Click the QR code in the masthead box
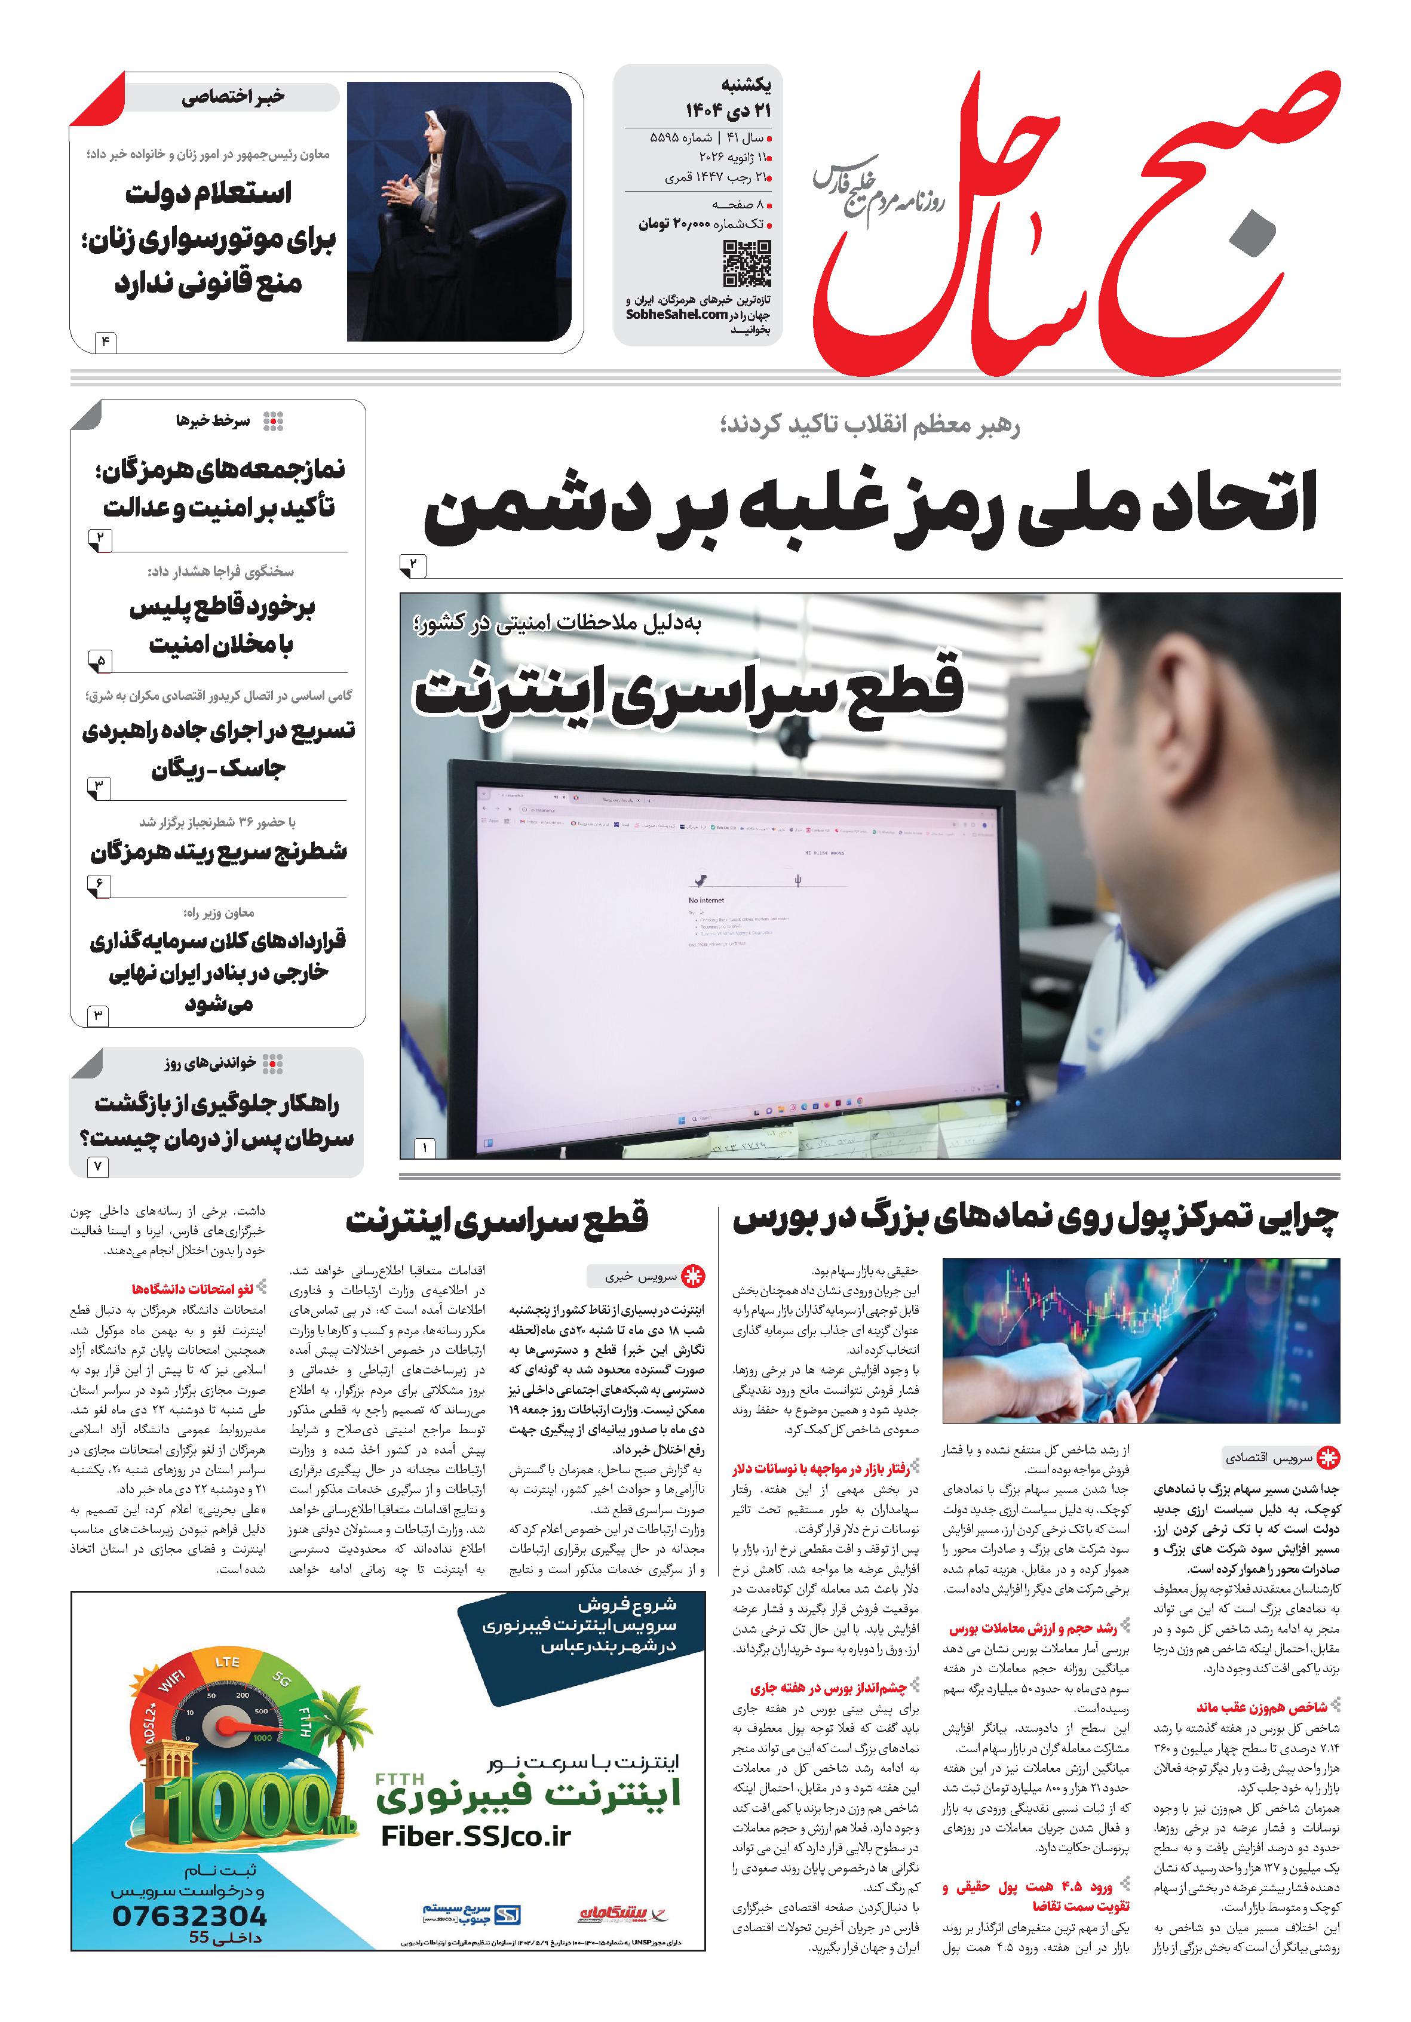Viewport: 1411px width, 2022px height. coord(746,263)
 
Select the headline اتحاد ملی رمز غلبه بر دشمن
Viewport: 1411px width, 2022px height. coord(870,509)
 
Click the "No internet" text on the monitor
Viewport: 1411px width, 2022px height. coord(706,900)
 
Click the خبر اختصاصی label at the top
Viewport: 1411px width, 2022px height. coord(234,97)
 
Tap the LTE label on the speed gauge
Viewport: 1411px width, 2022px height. coord(227,1662)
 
